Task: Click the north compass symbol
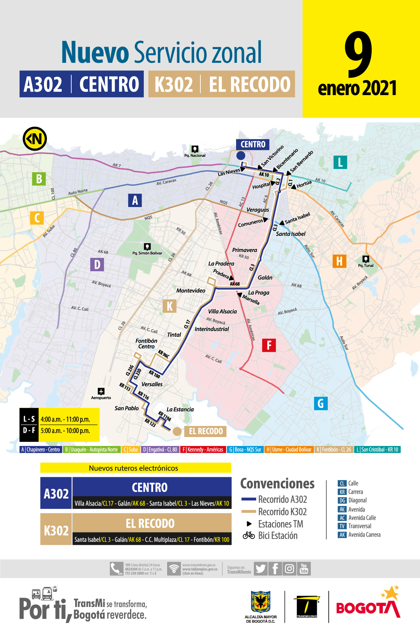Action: tap(35, 139)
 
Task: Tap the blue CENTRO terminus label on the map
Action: tap(253, 144)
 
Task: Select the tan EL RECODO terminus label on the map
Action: tap(206, 431)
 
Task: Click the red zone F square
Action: tap(269, 345)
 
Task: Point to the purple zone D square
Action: tap(97, 264)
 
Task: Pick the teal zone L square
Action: tap(340, 162)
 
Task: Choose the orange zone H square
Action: tap(339, 261)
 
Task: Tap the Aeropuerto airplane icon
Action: tap(101, 391)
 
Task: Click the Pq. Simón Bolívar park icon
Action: tap(147, 247)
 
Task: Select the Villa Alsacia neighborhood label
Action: tap(222, 311)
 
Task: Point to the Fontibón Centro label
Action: tap(147, 343)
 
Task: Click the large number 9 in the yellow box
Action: tap(359, 55)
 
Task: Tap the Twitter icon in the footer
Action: tap(260, 569)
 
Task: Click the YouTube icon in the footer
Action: tap(304, 569)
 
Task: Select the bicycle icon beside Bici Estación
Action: tap(249, 535)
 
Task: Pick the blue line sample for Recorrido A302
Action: tap(249, 499)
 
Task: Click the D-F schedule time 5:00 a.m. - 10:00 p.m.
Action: tap(66, 431)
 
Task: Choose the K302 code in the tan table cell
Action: tap(56, 530)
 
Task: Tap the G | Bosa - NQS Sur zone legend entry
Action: tap(245, 449)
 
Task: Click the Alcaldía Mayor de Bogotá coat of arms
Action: tap(261, 601)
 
